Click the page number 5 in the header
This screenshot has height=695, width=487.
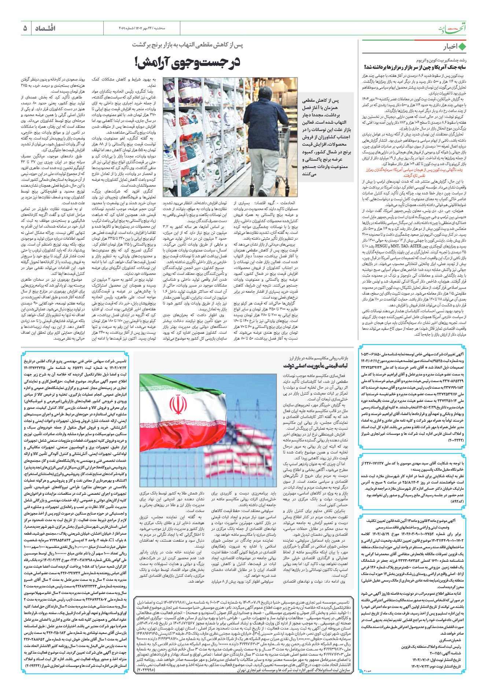(x=25, y=28)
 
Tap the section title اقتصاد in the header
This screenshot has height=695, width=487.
(x=45, y=28)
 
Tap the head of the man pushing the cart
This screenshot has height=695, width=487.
(x=269, y=83)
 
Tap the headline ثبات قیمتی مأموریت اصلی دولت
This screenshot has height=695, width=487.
(x=316, y=366)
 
